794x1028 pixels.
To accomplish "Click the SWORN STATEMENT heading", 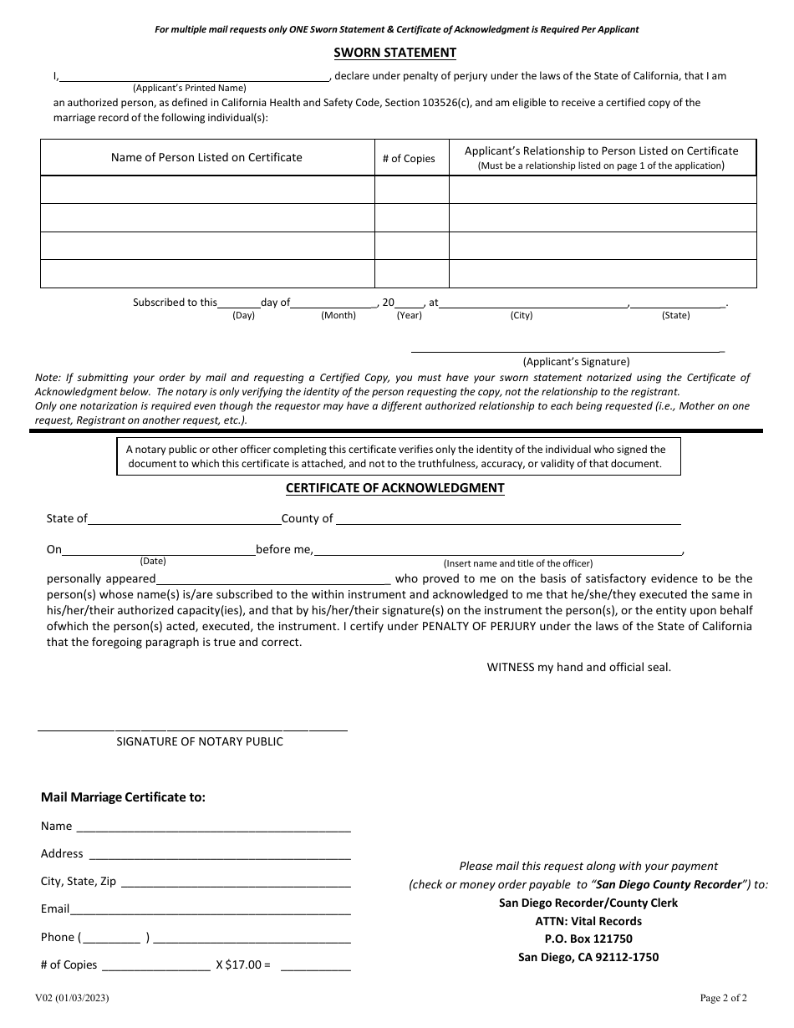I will point(394,53).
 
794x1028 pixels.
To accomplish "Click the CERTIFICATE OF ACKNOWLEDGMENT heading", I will point(394,488).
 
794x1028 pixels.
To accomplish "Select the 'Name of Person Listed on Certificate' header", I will point(206,157).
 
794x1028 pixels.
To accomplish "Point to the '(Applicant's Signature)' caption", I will point(576,362).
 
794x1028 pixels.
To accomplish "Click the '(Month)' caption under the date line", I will point(338,315).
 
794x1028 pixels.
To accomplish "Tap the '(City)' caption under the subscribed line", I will point(522,315).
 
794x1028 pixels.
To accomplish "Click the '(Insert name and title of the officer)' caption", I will point(517,563).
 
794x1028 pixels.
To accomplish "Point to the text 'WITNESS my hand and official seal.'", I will point(578,667).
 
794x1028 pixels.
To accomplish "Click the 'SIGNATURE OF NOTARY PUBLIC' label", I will point(199,741).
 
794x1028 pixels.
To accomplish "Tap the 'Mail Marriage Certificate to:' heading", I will point(123,797).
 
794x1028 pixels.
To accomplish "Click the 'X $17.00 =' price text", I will point(243,964).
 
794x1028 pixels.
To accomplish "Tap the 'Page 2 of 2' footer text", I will point(723,997).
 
